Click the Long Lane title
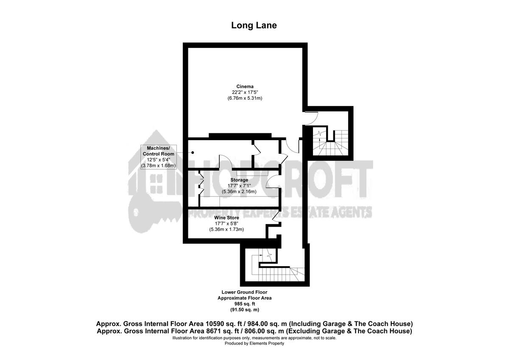click(x=254, y=25)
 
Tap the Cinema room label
click(x=245, y=87)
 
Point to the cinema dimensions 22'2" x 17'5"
click(x=245, y=92)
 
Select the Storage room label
click(x=239, y=180)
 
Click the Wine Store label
click(x=227, y=218)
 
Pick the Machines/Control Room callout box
click(x=158, y=157)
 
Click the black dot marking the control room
click(x=193, y=152)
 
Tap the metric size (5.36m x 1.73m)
click(x=227, y=230)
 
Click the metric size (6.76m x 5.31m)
click(x=245, y=98)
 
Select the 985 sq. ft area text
click(x=245, y=304)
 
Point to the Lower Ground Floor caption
click(x=244, y=292)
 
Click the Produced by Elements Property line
click(x=254, y=343)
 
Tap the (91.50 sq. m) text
click(x=245, y=310)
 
